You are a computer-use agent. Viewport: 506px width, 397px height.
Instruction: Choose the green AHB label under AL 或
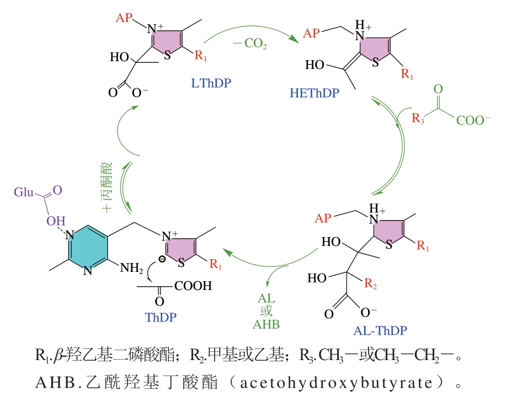pos(267,324)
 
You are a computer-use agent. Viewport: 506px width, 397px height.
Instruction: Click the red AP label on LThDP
pos(125,18)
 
